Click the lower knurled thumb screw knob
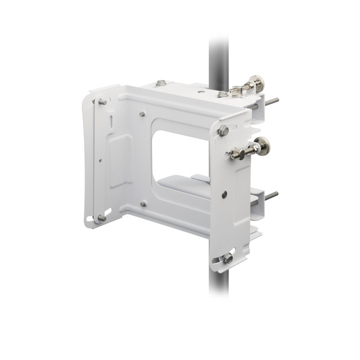pos(261,144)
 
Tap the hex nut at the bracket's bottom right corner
pos(227,258)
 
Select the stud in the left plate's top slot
pos(102,102)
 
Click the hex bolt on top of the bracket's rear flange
pos(161,83)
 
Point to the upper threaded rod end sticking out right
pos(272,101)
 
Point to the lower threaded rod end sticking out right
pos(272,195)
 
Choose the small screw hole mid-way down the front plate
pos(224,194)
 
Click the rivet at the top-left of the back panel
pos(142,114)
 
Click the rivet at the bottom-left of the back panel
pos(143,204)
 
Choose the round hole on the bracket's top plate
pos(202,91)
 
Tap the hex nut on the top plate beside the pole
pos(222,94)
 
